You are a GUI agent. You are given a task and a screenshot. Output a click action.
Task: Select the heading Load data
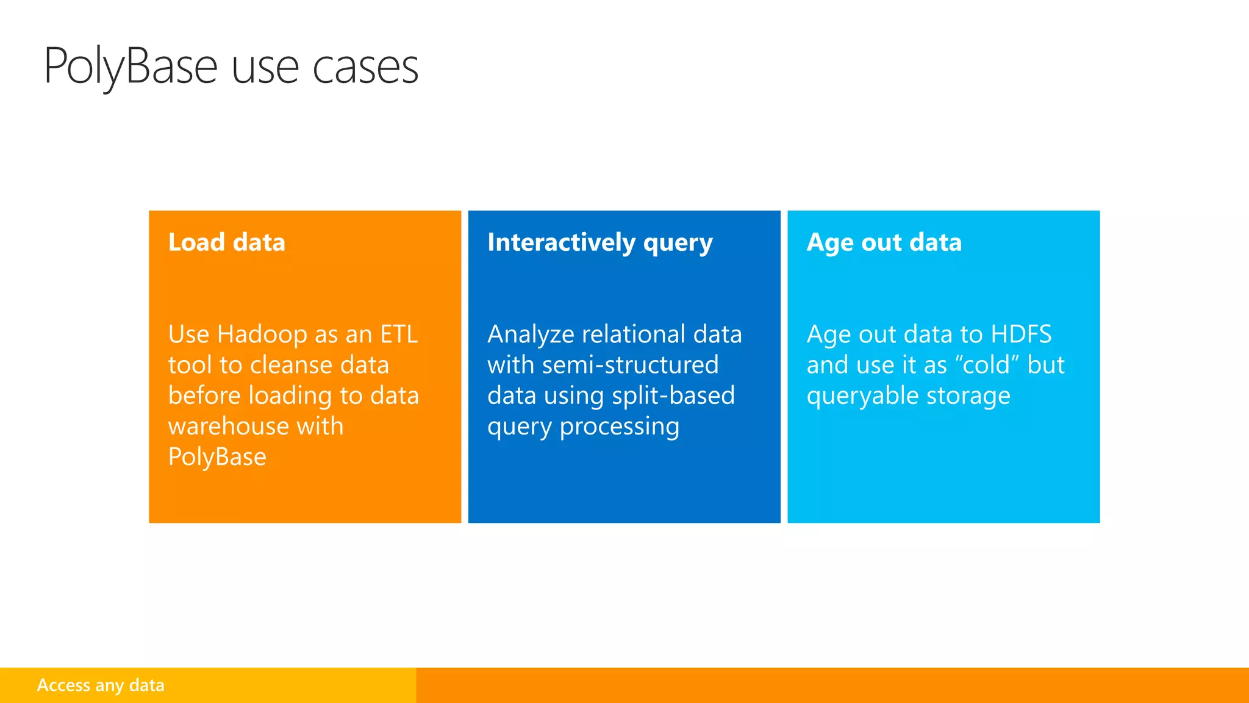pos(226,242)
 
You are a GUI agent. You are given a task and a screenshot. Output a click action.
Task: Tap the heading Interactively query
pos(599,242)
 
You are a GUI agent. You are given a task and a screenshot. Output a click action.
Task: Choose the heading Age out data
pos(884,242)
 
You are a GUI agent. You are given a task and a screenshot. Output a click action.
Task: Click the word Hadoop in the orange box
pos(262,334)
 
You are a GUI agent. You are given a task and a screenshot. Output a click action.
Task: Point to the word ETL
pos(399,334)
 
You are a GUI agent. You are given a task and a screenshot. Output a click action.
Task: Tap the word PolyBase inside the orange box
pos(217,457)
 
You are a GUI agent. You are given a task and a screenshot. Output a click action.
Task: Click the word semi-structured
pos(630,365)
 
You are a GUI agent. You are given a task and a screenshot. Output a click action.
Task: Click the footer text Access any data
pos(101,685)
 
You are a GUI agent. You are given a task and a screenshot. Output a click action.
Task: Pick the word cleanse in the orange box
pos(291,365)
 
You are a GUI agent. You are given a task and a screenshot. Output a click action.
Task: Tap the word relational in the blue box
pos(634,334)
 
